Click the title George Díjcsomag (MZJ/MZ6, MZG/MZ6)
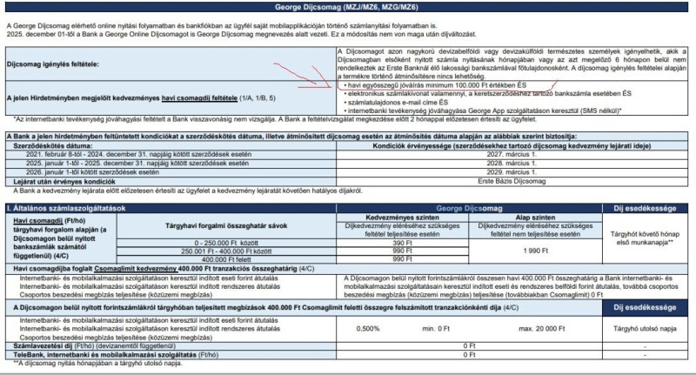348,6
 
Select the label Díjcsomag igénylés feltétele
52,64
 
